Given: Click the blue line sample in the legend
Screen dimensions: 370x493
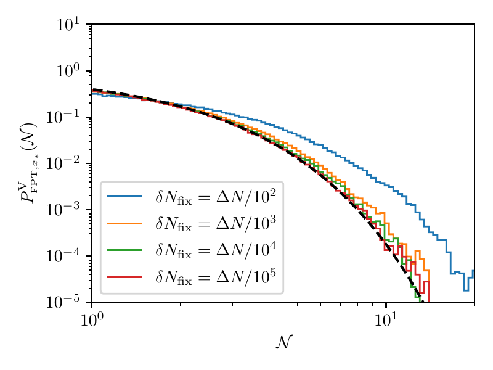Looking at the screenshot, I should pos(125,197).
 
